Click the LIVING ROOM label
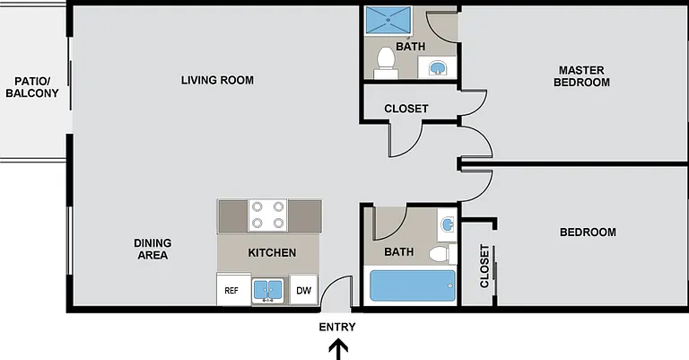pyautogui.click(x=217, y=80)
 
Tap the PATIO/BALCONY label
pyautogui.click(x=32, y=87)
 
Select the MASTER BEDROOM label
pyautogui.click(x=581, y=76)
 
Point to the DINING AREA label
pyautogui.click(x=153, y=249)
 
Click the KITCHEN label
pyautogui.click(x=272, y=253)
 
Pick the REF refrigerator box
pyautogui.click(x=233, y=289)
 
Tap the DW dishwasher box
pyautogui.click(x=303, y=290)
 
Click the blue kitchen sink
pyautogui.click(x=267, y=290)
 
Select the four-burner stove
pyautogui.click(x=267, y=215)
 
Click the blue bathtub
pyautogui.click(x=412, y=285)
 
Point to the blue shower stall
pyautogui.click(x=388, y=20)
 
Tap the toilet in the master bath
pyautogui.click(x=386, y=63)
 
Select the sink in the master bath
pyautogui.click(x=438, y=68)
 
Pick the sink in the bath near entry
pyautogui.click(x=448, y=224)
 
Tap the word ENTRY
pyautogui.click(x=337, y=327)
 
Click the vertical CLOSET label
pyautogui.click(x=484, y=266)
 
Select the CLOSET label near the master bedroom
pyautogui.click(x=406, y=109)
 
